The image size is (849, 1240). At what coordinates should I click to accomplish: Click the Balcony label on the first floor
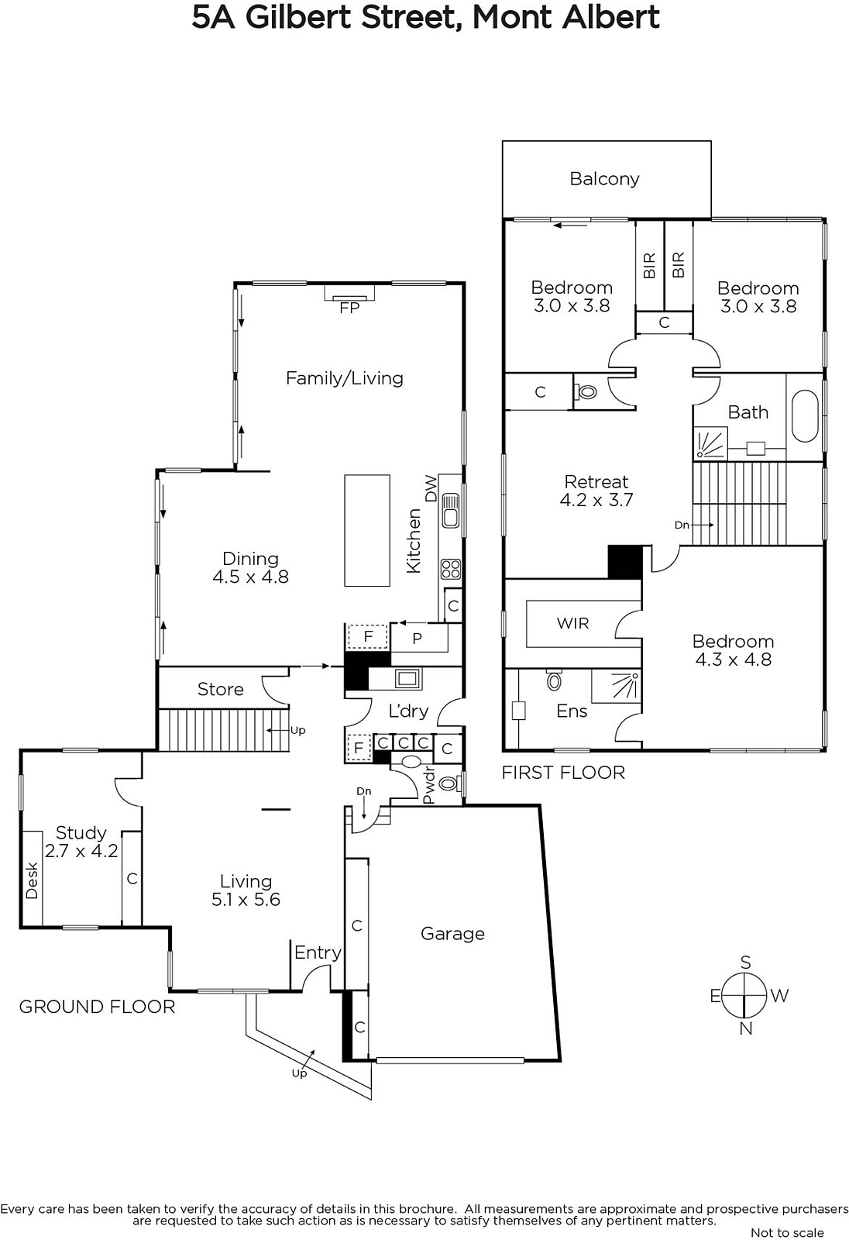[604, 179]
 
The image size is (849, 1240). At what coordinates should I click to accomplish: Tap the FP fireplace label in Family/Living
[349, 307]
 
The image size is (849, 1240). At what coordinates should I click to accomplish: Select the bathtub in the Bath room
[805, 416]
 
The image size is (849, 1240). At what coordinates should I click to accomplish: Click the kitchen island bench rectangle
[367, 530]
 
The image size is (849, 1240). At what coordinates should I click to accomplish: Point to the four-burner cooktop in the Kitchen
[451, 569]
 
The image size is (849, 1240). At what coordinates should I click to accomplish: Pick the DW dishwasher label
[431, 487]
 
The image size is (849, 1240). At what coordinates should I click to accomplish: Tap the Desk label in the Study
[32, 880]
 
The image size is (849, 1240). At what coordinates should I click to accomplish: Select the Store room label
[220, 689]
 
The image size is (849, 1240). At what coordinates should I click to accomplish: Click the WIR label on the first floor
[572, 623]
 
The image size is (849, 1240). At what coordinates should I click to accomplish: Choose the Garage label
[452, 934]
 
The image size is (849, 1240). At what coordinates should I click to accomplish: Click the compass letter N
[745, 1028]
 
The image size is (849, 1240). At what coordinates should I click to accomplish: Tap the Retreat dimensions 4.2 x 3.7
[596, 500]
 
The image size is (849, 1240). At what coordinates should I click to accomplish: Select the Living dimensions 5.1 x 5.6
[246, 900]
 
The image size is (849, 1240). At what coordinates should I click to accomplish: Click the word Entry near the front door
[318, 952]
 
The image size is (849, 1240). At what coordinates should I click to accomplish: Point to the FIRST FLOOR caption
[563, 772]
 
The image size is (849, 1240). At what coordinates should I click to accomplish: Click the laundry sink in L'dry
[407, 678]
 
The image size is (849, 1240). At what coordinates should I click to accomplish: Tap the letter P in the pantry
[418, 639]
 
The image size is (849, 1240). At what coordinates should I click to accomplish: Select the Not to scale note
[787, 1233]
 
